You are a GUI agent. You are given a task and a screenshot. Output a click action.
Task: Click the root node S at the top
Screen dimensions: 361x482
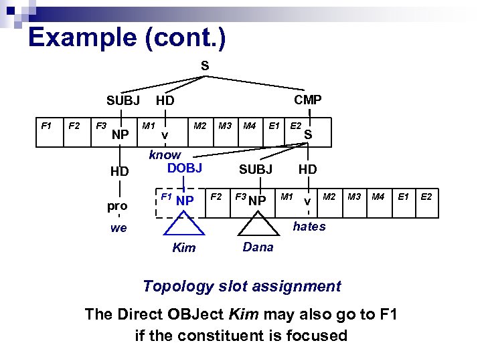205,66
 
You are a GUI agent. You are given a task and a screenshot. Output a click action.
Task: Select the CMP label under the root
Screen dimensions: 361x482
308,100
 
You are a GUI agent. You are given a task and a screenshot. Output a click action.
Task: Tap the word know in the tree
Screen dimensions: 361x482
165,154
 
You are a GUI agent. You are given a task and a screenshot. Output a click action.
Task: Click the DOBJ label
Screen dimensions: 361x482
184,168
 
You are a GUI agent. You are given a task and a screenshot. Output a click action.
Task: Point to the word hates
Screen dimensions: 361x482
309,227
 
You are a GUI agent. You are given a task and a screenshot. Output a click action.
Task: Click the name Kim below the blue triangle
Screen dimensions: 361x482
184,248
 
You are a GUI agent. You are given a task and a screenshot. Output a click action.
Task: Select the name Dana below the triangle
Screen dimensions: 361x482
258,247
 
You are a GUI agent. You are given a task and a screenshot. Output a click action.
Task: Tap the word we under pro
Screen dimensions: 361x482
118,228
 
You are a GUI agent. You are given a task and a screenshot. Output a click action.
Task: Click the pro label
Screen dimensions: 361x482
117,206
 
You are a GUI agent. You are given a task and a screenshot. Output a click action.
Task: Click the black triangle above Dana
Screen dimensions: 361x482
258,227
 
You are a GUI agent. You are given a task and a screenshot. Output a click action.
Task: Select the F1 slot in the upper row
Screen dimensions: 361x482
46,125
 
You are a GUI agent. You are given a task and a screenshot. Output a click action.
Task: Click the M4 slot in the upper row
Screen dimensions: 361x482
250,125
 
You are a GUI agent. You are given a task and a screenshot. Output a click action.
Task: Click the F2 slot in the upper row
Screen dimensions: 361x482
74,125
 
